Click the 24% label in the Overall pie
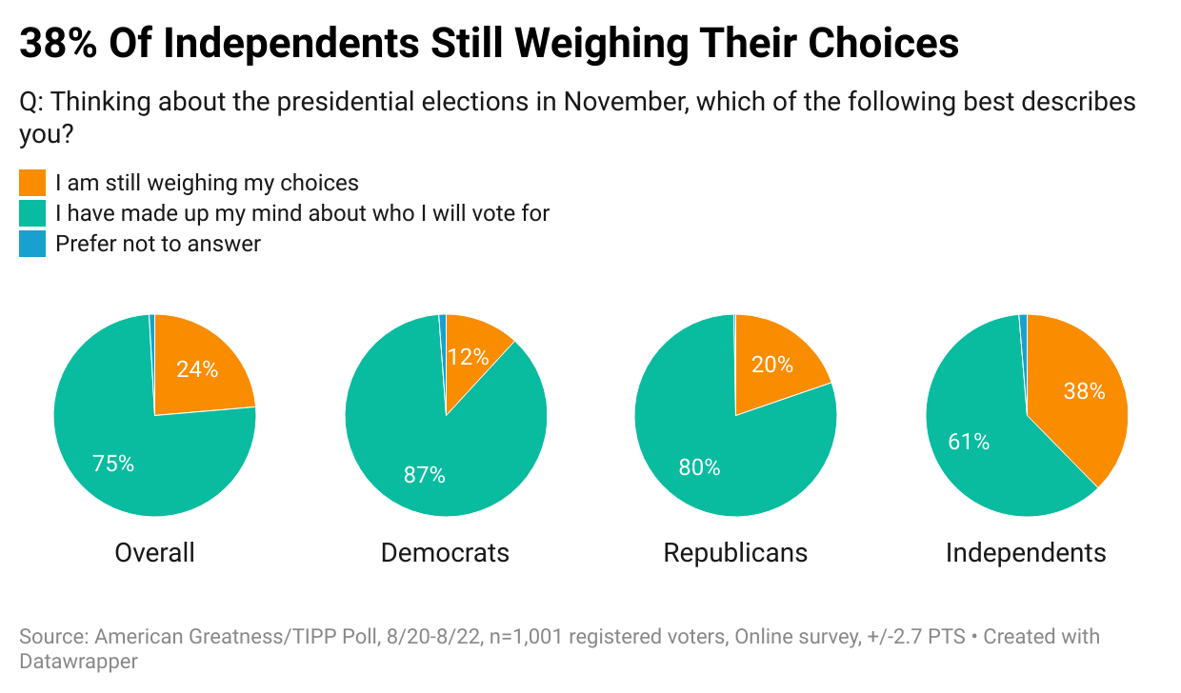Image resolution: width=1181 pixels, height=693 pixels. pos(197,369)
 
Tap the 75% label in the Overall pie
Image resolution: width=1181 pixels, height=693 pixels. pos(113,464)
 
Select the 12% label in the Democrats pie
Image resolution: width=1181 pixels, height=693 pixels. pos(467,357)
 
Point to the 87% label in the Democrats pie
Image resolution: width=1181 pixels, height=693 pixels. pos(424,474)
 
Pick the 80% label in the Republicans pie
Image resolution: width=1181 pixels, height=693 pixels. pos(699,467)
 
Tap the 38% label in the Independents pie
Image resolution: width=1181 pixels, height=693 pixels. pos(1084,390)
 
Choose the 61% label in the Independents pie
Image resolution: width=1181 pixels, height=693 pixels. pos(969,442)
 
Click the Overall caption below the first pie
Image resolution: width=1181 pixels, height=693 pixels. pos(154,553)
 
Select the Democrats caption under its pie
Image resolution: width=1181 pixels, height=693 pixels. pos(445,553)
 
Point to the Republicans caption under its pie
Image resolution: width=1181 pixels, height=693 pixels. pos(735,553)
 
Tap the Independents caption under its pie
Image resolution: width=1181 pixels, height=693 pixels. pos(1026,553)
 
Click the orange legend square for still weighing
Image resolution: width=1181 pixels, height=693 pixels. pos(32,183)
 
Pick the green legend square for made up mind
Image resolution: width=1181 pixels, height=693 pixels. pos(32,213)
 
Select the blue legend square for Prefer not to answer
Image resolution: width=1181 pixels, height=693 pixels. pos(32,244)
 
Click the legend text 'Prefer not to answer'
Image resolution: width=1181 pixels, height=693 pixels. pos(158,244)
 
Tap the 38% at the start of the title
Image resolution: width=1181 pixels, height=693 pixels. pos(57,44)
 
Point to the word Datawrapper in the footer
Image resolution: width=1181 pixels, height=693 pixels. pos(78,661)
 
